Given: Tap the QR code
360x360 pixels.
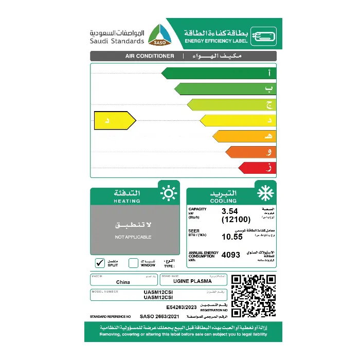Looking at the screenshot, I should click(x=253, y=297).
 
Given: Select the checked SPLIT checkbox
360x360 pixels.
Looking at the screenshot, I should click(x=100, y=263).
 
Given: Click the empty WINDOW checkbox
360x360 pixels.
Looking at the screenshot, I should click(x=133, y=263).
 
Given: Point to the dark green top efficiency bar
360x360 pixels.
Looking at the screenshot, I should click(x=219, y=73).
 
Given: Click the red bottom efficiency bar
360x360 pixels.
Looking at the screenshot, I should click(x=257, y=168).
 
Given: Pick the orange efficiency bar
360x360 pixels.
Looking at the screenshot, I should click(x=250, y=152).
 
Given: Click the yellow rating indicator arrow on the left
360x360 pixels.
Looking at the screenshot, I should click(x=114, y=121).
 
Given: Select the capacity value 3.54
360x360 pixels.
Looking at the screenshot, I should click(x=231, y=211).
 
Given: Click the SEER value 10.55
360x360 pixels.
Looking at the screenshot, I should click(x=231, y=237).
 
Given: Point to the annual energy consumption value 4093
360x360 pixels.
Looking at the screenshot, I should click(x=231, y=255).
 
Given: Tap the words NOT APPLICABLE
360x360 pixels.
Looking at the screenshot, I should click(x=133, y=237).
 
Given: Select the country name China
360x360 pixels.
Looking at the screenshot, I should click(x=123, y=282).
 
